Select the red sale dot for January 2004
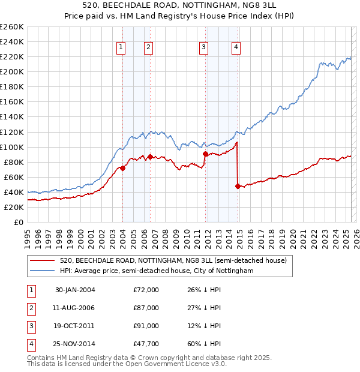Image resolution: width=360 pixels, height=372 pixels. point(122,168)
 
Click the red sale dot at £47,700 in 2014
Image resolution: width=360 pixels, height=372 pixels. point(238,186)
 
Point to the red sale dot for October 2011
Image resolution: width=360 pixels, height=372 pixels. point(205,154)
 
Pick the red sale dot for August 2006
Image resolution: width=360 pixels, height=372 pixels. point(149,157)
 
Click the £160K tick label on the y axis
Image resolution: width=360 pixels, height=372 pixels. point(11,101)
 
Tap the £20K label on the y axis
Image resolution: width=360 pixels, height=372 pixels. point(13,207)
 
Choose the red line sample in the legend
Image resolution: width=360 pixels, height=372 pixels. point(42,260)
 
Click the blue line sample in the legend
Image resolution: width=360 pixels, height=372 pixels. point(42,271)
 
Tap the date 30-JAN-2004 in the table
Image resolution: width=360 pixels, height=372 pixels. point(75,290)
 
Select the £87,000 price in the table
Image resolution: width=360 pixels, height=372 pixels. point(146,308)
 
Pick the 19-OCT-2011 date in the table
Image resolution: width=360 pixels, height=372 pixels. point(75,326)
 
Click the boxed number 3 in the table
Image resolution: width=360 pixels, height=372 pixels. point(31,326)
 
